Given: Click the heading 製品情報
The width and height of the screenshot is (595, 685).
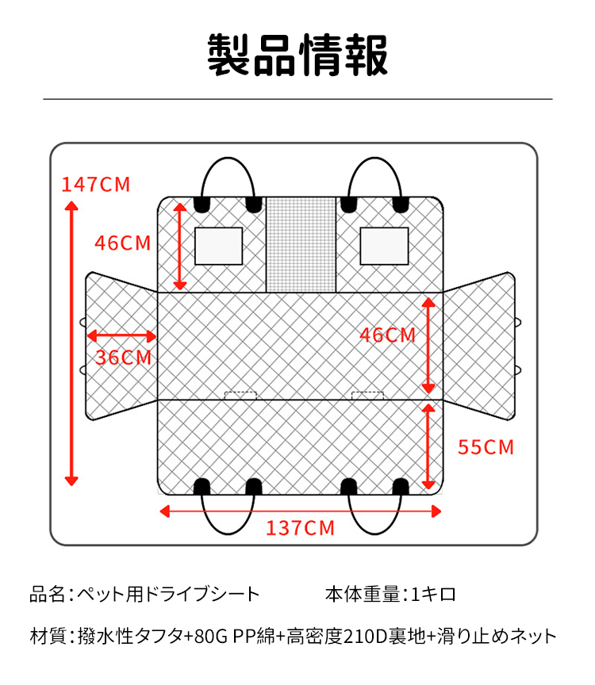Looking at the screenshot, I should [297, 55].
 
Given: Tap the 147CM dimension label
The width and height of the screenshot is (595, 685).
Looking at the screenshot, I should [96, 185].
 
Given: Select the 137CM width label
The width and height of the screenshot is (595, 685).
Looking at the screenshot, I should [300, 528].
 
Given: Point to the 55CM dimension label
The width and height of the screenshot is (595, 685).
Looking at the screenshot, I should [486, 447].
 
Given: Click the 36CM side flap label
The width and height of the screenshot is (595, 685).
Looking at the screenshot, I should [123, 358].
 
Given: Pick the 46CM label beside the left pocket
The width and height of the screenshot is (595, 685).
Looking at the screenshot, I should [122, 243].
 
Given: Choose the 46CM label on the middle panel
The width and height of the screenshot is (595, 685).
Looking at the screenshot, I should [387, 335].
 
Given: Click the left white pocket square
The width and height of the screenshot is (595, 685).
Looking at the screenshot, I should [218, 246].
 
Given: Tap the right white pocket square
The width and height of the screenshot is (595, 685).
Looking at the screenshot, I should [384, 246].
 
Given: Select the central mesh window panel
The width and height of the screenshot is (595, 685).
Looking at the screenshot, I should [301, 244].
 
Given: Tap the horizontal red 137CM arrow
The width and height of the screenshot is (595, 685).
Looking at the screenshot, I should [300, 511].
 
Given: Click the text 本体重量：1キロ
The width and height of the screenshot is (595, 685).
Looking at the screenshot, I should [390, 594].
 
